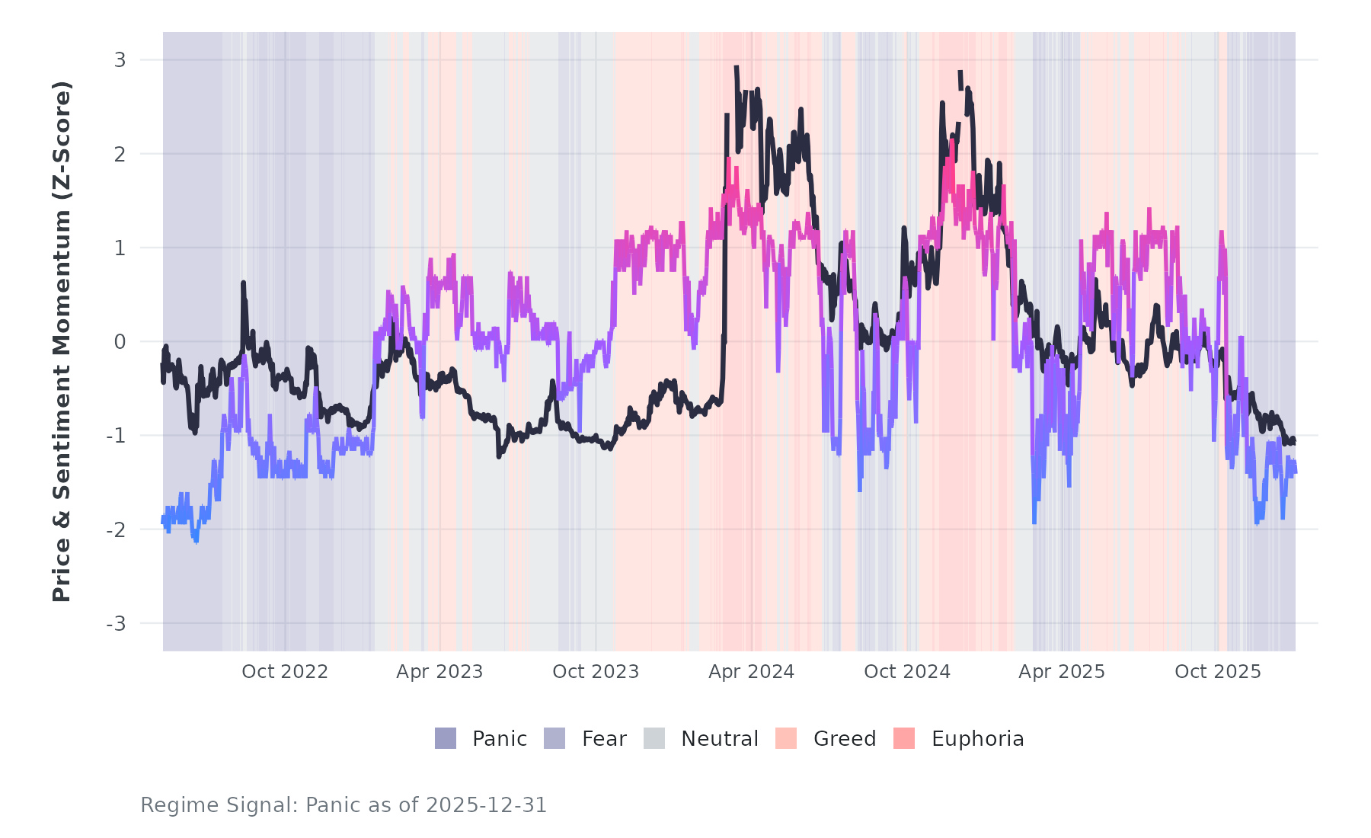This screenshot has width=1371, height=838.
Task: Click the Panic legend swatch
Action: [446, 738]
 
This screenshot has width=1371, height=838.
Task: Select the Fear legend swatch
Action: [554, 738]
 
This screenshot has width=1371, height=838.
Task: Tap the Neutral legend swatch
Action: [654, 738]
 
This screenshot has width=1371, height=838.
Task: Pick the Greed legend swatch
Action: [786, 738]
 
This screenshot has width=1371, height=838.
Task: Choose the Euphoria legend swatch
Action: [904, 738]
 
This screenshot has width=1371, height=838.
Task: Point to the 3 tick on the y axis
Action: [120, 59]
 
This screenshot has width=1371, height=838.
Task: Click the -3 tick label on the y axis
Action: [116, 624]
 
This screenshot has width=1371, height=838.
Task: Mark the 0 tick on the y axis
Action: [120, 342]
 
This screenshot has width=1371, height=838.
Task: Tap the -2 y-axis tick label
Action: [116, 530]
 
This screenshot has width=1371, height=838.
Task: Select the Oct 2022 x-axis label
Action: [285, 672]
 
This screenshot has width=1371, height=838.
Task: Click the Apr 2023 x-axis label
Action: [439, 672]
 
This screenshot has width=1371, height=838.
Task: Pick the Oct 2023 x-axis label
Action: [596, 672]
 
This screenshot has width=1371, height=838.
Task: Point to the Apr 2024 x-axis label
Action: [751, 672]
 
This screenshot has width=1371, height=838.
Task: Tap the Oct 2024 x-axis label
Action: [907, 672]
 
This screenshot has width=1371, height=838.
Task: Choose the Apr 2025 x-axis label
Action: [1062, 672]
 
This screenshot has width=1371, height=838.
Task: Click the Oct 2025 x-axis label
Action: [1218, 672]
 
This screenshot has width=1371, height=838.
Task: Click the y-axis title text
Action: [61, 341]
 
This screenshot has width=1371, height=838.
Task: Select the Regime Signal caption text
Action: [344, 805]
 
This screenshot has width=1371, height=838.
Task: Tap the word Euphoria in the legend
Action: [977, 739]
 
